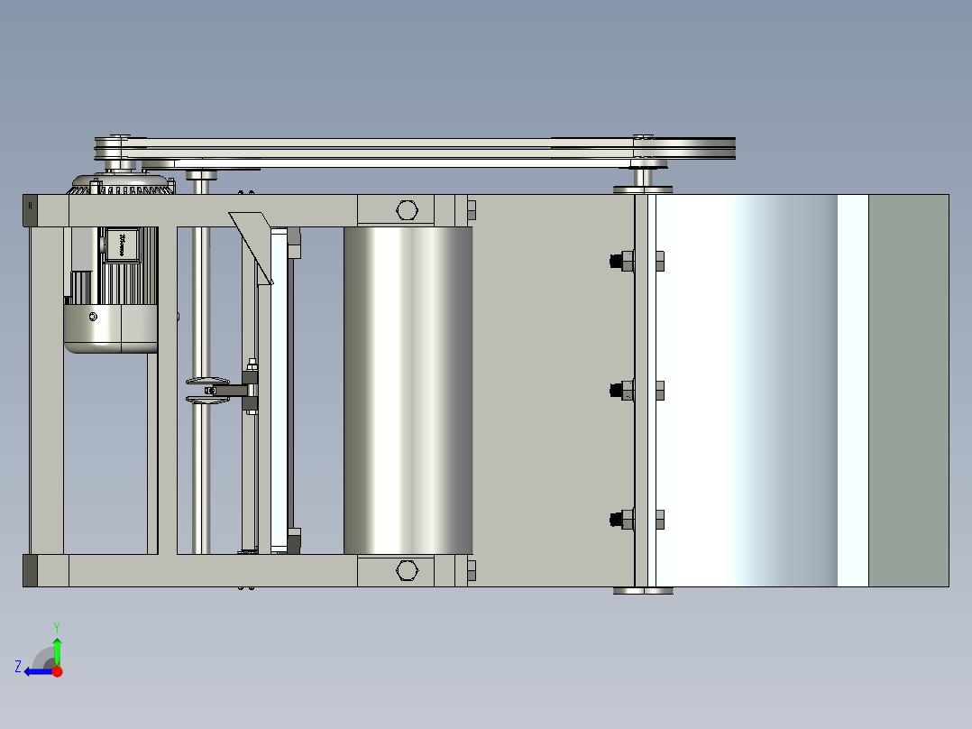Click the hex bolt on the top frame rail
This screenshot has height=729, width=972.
[407, 210]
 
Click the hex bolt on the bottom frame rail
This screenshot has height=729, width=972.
[407, 570]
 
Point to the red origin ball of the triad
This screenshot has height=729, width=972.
[57, 670]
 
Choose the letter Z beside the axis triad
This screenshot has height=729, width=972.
[18, 666]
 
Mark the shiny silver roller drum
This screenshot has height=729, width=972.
[408, 390]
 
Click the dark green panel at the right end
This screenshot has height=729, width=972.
[908, 390]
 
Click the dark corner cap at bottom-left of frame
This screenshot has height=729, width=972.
[30, 570]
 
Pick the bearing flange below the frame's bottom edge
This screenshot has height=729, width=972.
[643, 591]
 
